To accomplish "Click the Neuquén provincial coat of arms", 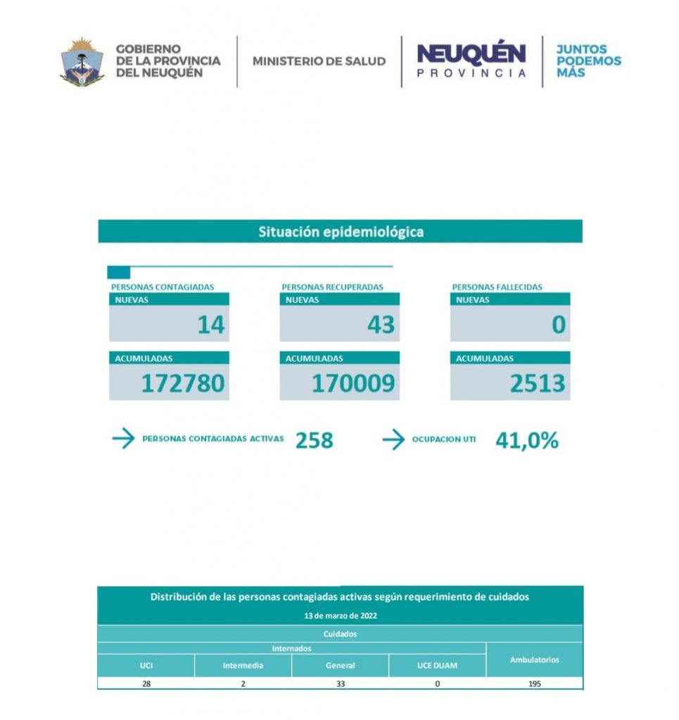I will [x=82, y=61].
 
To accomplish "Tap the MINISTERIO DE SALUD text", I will [x=319, y=61].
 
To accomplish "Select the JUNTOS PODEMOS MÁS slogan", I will [x=588, y=61].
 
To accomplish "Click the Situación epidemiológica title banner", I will [x=341, y=231].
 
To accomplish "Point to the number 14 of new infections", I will [x=210, y=325].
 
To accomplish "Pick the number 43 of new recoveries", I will [x=381, y=325].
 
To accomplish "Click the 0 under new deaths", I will [x=558, y=325].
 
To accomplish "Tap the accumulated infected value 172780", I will [x=183, y=383].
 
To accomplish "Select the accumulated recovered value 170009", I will [x=353, y=383].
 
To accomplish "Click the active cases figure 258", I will [x=314, y=440].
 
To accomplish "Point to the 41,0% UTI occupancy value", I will [x=527, y=440].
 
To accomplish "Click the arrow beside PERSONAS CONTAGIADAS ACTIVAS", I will [x=123, y=439].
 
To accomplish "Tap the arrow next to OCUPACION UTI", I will [x=393, y=439].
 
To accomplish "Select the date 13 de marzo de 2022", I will [x=340, y=615].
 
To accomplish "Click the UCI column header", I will [x=146, y=665].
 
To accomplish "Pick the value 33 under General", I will [x=340, y=683].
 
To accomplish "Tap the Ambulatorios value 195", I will [x=534, y=683].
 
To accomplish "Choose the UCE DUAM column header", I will [x=437, y=665].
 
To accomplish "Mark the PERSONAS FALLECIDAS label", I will [x=497, y=287].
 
